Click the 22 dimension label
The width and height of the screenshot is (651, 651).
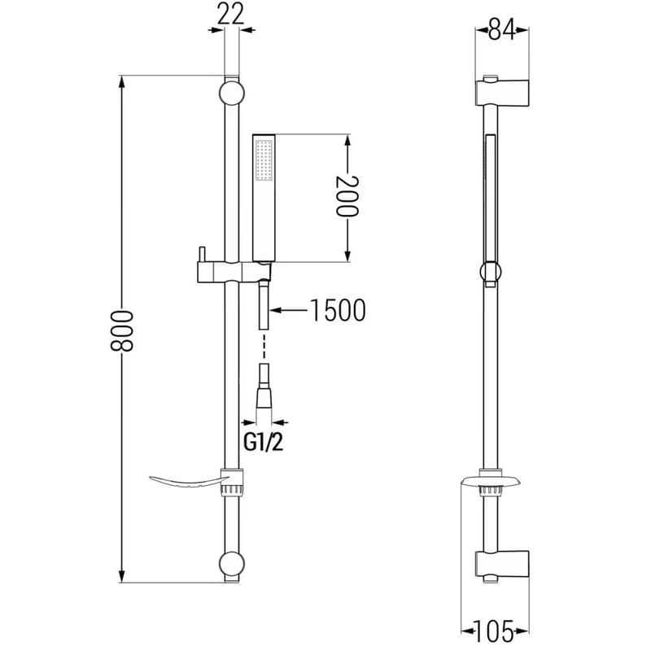231,15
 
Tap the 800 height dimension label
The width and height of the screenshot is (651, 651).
121,330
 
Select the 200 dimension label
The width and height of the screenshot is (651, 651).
347,196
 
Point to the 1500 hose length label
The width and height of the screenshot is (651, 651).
338,310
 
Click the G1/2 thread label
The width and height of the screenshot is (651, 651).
263,442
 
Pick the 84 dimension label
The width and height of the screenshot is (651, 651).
501,30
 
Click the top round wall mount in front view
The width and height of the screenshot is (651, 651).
232,93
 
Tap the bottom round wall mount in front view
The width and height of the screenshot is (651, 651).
232,563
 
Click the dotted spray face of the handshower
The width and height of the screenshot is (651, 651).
264,160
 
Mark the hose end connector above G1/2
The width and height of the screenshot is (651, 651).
264,392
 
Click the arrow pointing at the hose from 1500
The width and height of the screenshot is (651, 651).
289,310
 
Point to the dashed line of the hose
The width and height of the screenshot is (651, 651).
264,345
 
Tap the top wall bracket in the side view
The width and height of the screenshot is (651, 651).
502,91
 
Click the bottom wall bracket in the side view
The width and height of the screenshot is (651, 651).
502,566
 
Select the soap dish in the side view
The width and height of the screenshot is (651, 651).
491,481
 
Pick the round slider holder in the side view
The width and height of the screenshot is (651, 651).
491,273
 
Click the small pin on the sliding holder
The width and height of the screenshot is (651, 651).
201,254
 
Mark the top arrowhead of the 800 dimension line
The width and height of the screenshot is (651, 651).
121,81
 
